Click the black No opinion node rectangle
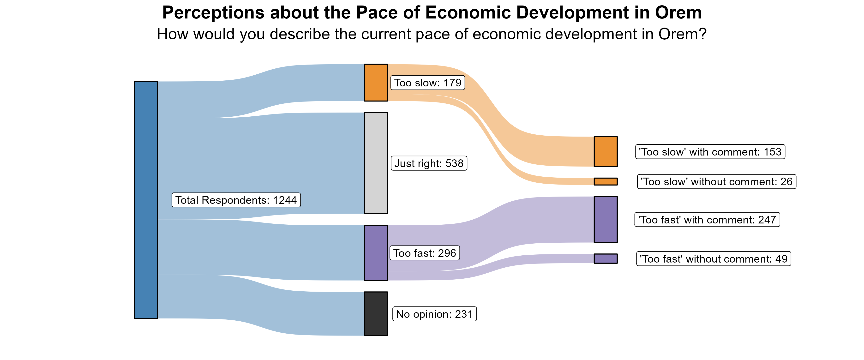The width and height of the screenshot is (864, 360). [376, 314]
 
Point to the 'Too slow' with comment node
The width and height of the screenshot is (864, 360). [606, 152]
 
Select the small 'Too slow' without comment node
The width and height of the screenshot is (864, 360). [606, 181]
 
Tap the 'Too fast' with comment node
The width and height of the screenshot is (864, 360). [606, 219]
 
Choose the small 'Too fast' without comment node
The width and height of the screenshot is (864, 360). [606, 259]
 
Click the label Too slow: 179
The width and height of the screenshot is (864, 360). [428, 83]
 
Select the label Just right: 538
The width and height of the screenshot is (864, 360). [429, 163]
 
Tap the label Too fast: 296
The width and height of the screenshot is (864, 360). [424, 253]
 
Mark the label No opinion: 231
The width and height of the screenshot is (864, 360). [434, 314]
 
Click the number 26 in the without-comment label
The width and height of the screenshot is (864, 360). [786, 181]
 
